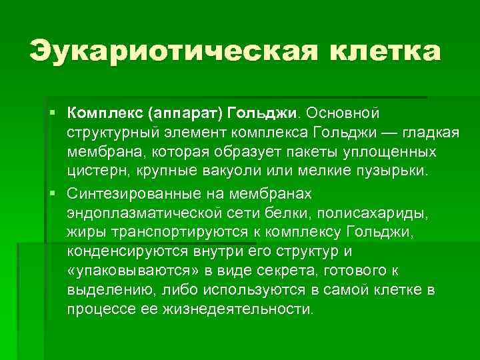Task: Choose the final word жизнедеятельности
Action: point(237,310)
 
